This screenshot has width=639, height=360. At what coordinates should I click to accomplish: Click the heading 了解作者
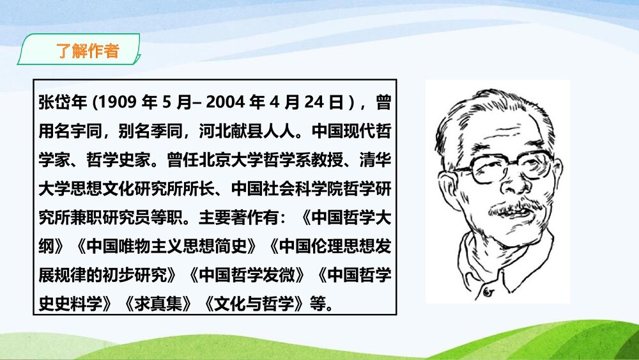click(88, 51)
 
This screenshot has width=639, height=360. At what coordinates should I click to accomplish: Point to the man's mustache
click(508, 208)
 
